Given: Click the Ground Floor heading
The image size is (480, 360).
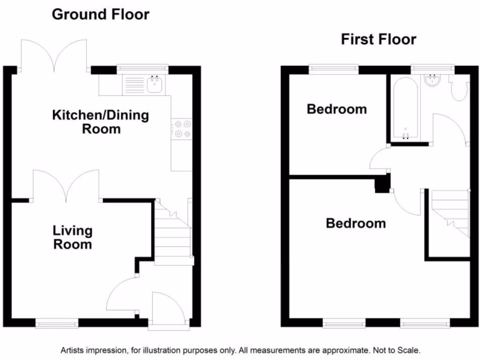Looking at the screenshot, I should click(100, 14).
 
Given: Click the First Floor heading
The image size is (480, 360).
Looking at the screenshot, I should click(378, 39).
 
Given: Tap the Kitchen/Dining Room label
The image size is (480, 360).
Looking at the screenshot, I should click(100, 121).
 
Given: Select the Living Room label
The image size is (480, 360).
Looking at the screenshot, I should click(72, 237).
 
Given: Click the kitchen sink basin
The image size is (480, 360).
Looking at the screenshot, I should click(155, 85).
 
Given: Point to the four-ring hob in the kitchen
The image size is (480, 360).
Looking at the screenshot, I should click(181, 129).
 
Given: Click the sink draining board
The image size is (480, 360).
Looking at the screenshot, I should click(134, 86).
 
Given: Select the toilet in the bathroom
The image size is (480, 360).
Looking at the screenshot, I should click(458, 89).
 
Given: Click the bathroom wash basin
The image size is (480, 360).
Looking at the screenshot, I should click(433, 81).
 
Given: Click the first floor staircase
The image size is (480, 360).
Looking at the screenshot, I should click(450, 214).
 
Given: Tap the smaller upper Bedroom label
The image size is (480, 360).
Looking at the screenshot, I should click(337, 109).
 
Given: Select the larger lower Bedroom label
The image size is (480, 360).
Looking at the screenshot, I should click(356, 223).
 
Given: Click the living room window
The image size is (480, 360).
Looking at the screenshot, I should click(57, 322).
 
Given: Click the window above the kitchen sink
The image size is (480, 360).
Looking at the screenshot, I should click(142, 68).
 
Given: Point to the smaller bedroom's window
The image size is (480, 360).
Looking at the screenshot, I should click(334, 69).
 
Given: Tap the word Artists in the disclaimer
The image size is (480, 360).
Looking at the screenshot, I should click(72, 350).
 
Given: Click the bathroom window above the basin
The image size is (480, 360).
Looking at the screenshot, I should click(432, 68).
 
